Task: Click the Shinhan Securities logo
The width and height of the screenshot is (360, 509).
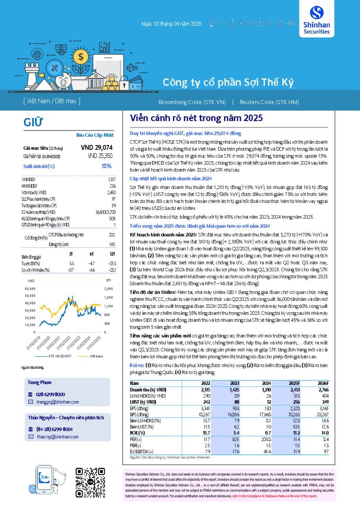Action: [319, 20]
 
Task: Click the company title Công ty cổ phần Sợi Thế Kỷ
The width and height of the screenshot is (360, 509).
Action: [228, 82]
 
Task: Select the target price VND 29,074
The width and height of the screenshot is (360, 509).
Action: [97, 148]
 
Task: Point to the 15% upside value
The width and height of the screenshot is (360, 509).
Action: [106, 166]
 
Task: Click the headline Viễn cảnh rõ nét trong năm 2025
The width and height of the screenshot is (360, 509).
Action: [197, 118]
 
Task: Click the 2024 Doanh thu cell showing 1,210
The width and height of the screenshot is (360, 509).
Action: [265, 389]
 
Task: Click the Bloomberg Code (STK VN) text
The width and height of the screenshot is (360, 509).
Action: [192, 101]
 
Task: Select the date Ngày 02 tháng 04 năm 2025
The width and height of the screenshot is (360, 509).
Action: [171, 24]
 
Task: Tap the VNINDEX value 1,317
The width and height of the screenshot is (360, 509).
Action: [112, 179]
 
